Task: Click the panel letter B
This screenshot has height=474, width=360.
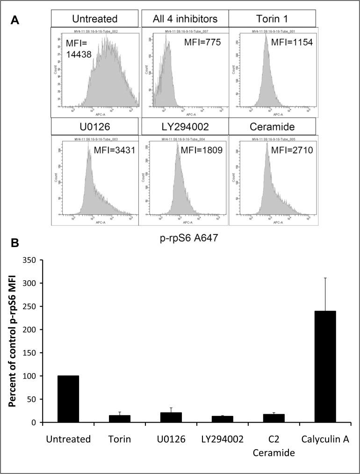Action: [x=14, y=244]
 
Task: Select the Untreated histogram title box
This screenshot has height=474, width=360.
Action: [x=94, y=19]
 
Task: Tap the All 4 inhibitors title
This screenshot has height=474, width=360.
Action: [x=185, y=19]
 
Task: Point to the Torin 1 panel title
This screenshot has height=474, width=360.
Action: [x=272, y=19]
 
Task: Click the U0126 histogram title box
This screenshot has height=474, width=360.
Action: [x=94, y=127]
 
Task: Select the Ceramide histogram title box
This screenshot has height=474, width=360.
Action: [x=272, y=127]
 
